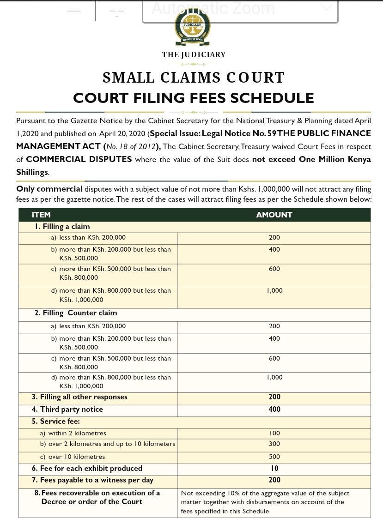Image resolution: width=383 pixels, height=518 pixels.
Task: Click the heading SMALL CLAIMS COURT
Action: point(193,78)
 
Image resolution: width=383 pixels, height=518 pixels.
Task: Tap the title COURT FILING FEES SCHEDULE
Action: point(194,98)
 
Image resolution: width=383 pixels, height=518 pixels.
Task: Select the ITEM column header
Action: point(41,215)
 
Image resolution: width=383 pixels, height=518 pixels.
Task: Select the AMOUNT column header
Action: point(274,215)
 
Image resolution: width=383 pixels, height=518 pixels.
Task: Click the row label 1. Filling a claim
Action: point(62,227)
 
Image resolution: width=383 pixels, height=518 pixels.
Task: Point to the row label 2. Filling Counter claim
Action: point(76,313)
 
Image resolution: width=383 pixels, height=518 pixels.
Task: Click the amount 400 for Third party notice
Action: point(274,410)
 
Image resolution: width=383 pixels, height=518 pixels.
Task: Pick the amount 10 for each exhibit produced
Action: point(274,468)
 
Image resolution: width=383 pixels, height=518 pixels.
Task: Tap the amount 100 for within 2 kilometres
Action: point(274,434)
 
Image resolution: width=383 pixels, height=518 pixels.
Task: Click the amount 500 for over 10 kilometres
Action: point(274,457)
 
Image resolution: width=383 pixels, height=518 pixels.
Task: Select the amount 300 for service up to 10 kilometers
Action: point(274,444)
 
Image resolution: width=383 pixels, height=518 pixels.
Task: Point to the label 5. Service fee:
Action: point(56,422)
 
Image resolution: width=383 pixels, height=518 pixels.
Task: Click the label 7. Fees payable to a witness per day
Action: point(93,480)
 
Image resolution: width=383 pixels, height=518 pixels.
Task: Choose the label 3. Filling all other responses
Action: point(79,397)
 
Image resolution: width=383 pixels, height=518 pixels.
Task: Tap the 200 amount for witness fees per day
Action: point(274,480)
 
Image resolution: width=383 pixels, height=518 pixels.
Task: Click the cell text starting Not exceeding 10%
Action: point(265,502)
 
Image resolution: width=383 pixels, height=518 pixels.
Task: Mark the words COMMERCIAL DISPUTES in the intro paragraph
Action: point(79,159)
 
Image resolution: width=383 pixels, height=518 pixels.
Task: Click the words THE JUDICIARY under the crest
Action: point(194,54)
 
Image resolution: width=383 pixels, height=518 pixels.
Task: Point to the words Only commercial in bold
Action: point(49,189)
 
